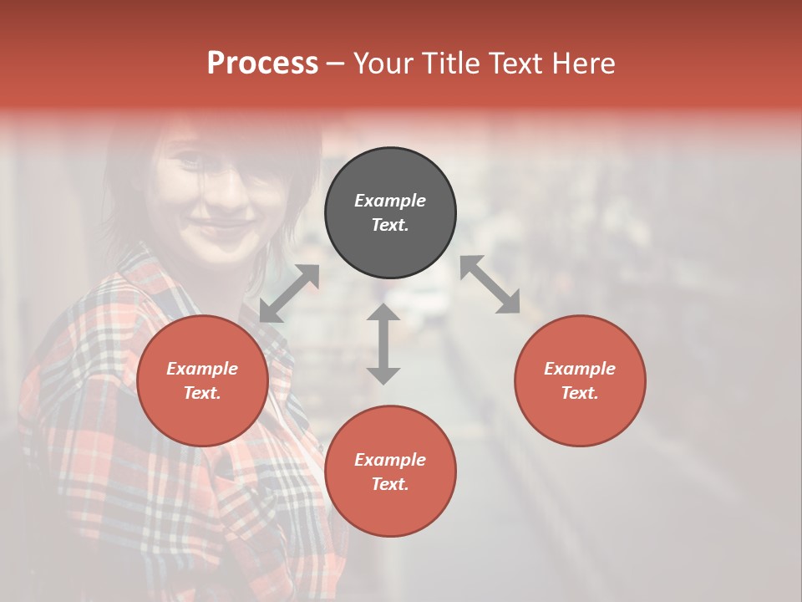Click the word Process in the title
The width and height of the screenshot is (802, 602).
click(262, 64)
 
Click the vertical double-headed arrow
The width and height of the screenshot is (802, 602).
click(383, 344)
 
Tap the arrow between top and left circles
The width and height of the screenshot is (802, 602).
click(289, 293)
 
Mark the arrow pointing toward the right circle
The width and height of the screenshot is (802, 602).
click(490, 284)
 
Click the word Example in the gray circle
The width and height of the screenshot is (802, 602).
click(390, 201)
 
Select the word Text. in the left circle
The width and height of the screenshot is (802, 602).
click(202, 393)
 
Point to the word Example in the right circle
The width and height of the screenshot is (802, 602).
click(580, 369)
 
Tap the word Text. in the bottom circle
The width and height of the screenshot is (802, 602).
click(390, 484)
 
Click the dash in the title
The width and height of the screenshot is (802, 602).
click(335, 64)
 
